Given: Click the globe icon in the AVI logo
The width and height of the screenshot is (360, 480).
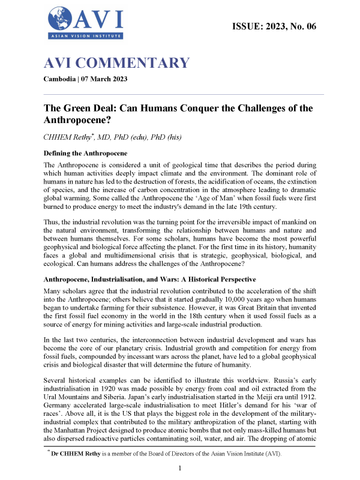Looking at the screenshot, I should (61, 19).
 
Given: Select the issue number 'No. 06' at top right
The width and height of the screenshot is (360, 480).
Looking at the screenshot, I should (300, 26).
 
